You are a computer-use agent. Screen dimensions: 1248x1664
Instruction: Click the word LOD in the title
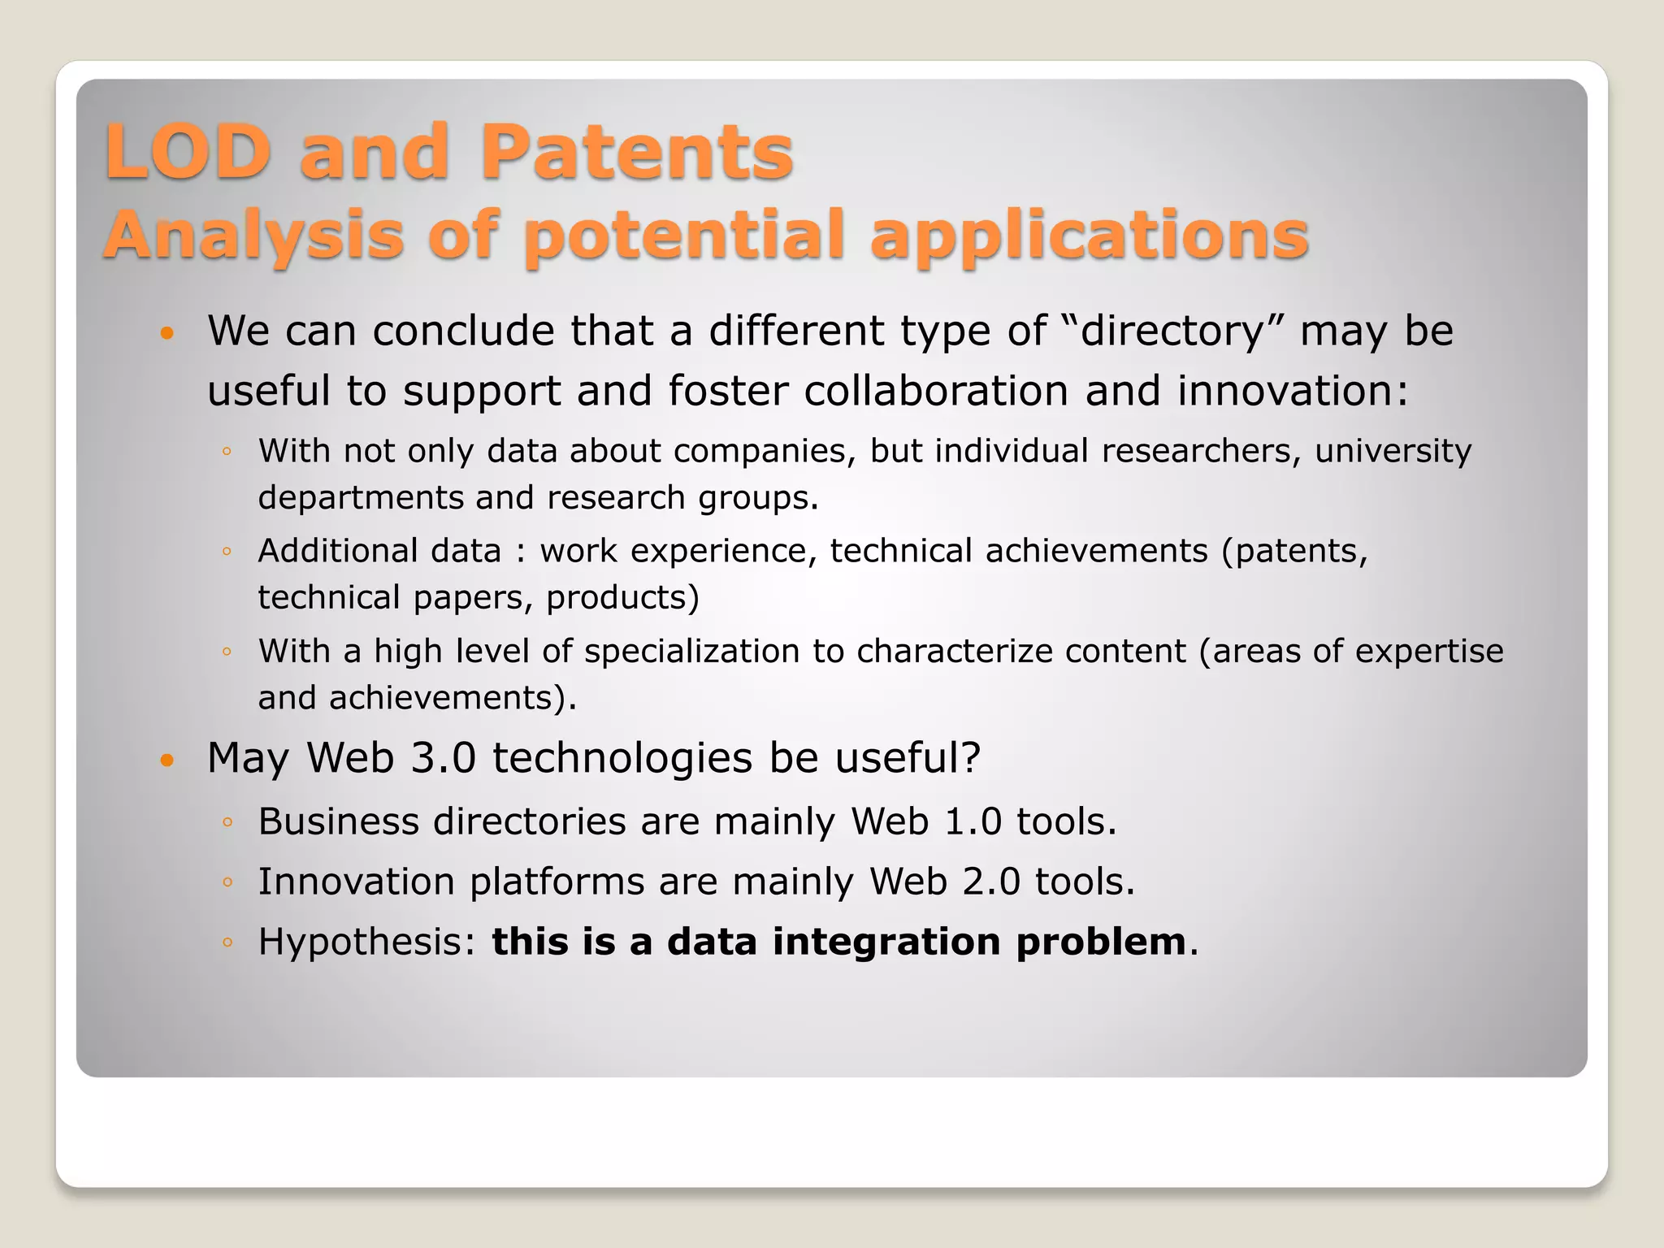click(x=188, y=152)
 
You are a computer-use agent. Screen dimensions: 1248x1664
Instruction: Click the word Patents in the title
click(x=636, y=152)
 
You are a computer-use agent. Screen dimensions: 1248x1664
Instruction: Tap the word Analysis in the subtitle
click(x=253, y=236)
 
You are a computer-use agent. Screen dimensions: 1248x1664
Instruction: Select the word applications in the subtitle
click(x=1089, y=236)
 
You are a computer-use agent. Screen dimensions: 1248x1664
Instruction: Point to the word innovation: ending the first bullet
click(x=1293, y=391)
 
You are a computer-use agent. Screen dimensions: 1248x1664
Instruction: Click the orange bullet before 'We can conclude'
click(x=167, y=333)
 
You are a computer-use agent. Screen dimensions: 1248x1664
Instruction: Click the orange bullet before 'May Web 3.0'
click(x=167, y=760)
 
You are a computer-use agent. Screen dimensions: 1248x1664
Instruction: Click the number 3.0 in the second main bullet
click(x=443, y=758)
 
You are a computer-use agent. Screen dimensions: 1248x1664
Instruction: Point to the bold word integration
click(x=886, y=942)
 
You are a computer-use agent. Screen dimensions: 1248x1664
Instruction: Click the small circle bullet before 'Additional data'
click(x=227, y=552)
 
